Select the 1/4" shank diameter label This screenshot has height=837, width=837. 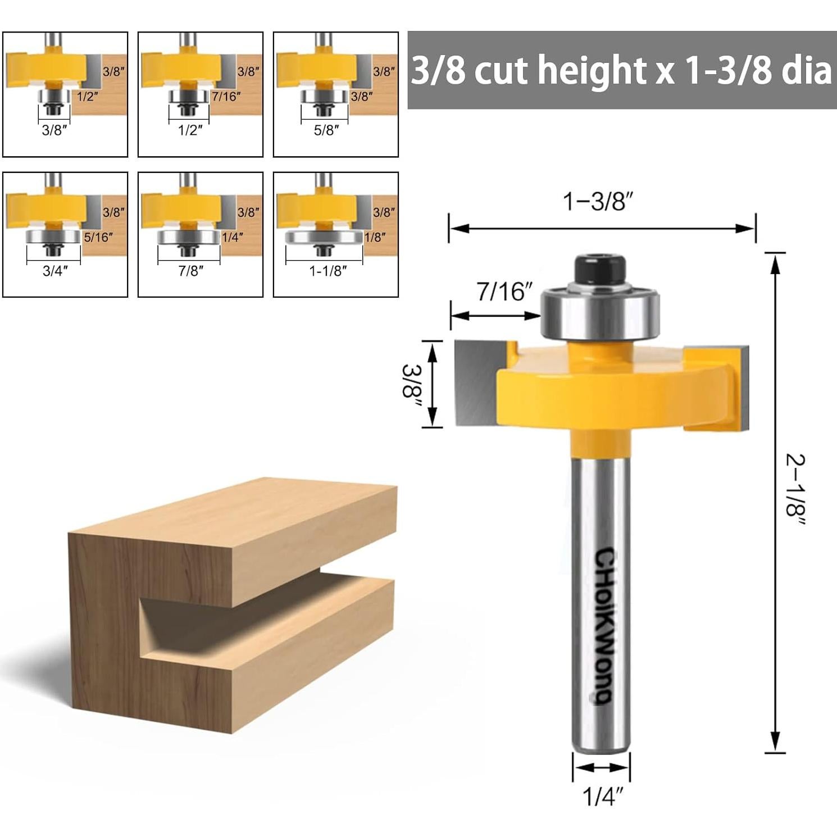tap(603, 797)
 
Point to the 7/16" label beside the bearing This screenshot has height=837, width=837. tap(504, 292)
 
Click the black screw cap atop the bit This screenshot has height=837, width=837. tap(599, 270)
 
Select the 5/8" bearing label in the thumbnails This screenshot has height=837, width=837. tap(326, 130)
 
